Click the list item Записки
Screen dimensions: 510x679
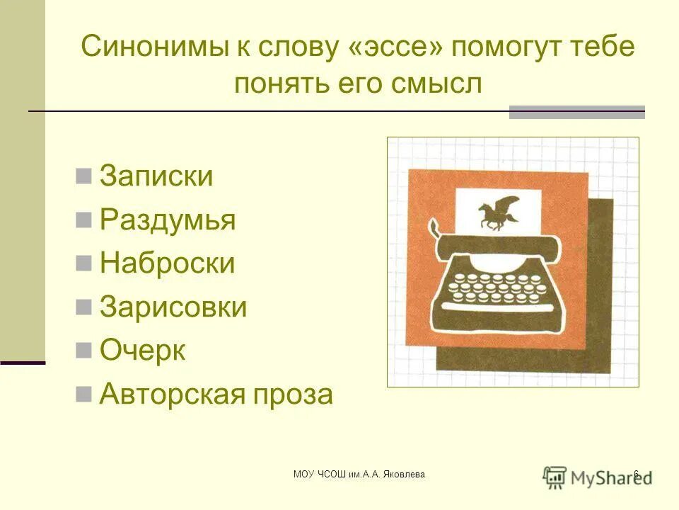[x=156, y=176]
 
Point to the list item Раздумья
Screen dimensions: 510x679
[x=168, y=220]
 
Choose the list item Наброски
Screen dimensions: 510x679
[x=167, y=263]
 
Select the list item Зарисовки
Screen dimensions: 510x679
[x=173, y=307]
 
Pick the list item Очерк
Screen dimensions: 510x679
[x=143, y=351]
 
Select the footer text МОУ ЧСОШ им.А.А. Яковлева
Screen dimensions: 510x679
[x=359, y=474]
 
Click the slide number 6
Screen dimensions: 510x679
[x=636, y=474]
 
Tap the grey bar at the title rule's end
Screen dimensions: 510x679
[x=577, y=112]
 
